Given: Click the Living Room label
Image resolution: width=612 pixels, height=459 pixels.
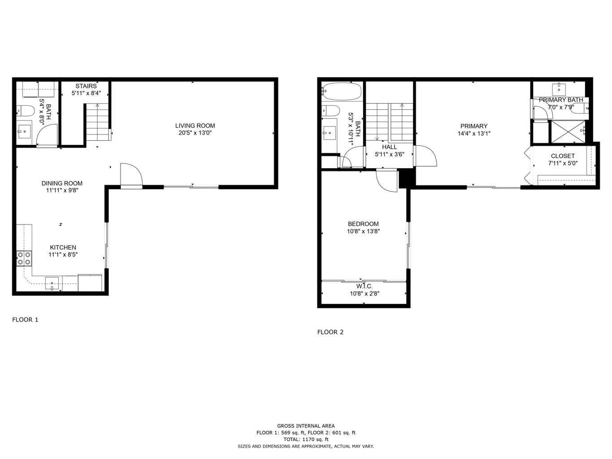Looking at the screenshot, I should click(195, 126).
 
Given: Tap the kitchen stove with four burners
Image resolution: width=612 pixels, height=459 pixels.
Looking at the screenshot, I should click(24, 258).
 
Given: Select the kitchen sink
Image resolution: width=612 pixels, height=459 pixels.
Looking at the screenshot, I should click(52, 283).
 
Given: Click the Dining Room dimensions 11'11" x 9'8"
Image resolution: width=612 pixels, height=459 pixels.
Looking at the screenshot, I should click(62, 190).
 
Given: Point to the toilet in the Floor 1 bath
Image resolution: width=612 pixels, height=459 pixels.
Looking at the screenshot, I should click(26, 110).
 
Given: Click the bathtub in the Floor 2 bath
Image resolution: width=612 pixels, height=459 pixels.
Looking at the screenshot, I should click(342, 91).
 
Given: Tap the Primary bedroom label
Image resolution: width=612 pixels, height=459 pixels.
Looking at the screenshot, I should click(473, 126).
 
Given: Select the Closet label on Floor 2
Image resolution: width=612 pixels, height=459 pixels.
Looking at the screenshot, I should click(563, 156).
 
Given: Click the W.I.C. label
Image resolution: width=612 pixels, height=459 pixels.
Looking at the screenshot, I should click(365, 286).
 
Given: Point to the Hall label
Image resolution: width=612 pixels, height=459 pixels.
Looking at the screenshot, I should click(389, 147).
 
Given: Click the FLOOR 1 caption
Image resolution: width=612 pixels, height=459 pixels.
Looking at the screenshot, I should click(25, 320).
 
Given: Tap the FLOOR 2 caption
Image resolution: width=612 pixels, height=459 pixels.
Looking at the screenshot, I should click(330, 332).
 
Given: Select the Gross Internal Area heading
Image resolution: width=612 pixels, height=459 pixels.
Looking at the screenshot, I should click(306, 426).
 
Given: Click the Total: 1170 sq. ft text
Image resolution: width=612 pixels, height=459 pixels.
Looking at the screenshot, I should click(306, 440).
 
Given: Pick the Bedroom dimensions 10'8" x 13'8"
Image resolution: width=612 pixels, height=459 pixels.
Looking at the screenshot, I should click(363, 231).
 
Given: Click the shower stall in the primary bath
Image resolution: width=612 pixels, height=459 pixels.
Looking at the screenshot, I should click(568, 131).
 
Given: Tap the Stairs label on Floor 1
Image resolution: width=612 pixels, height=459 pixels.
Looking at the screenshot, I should click(86, 86).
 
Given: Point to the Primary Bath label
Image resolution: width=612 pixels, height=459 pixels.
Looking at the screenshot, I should click(561, 100).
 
